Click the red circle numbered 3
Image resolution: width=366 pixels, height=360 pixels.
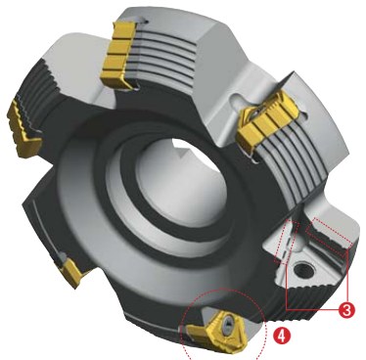pos(345,309)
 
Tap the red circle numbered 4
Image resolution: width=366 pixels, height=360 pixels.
pos(281,336)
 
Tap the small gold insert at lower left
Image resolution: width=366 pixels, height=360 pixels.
pos(72,272)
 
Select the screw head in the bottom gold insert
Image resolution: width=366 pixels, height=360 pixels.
pos(227,324)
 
